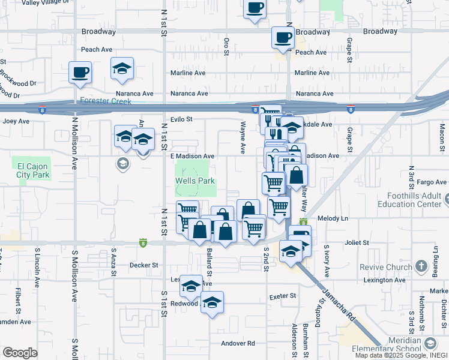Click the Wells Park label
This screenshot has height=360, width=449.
pos(194,181)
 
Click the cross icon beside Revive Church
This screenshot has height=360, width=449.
pos(421,265)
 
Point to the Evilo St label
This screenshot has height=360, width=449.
pos(181,119)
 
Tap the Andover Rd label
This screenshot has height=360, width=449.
pos(238,343)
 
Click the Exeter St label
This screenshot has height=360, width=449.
pos(283,296)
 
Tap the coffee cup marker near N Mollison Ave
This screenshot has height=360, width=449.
pos(80,73)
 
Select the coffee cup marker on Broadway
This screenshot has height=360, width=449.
pos(283,38)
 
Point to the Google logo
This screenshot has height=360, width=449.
pos(20,353)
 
